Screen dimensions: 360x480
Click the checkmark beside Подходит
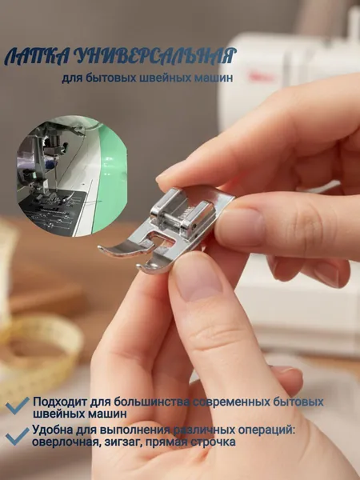coord(18,406)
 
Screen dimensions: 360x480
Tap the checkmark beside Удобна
coord(18,436)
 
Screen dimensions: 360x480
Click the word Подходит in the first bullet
coord(60,402)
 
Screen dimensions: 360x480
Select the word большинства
coord(151,402)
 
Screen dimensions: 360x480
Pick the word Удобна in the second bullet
coord(52,430)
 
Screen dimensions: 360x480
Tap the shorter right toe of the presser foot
coord(153,264)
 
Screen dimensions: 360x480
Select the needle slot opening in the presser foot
coord(158,238)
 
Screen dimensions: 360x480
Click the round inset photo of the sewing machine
coord(72,176)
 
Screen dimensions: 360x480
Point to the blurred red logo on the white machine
coord(261,77)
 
